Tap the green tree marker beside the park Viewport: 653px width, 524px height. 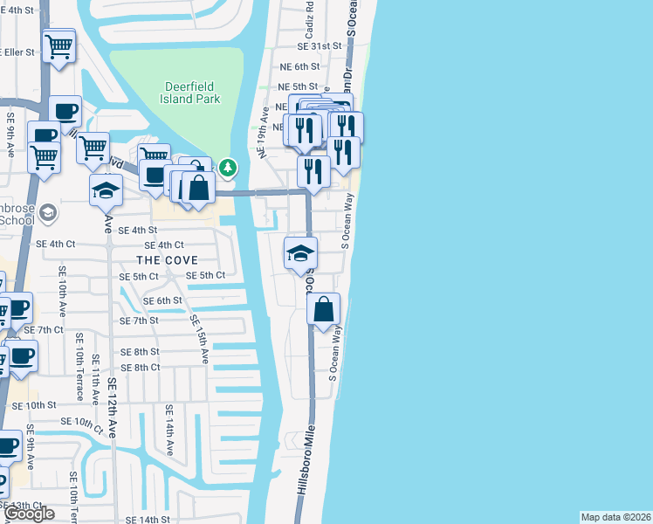[x=228, y=166]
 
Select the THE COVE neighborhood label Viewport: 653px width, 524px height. [x=166, y=260]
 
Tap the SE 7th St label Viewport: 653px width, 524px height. [x=141, y=321]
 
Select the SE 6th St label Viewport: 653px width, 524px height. [x=163, y=300]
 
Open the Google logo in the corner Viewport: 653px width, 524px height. [x=29, y=514]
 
